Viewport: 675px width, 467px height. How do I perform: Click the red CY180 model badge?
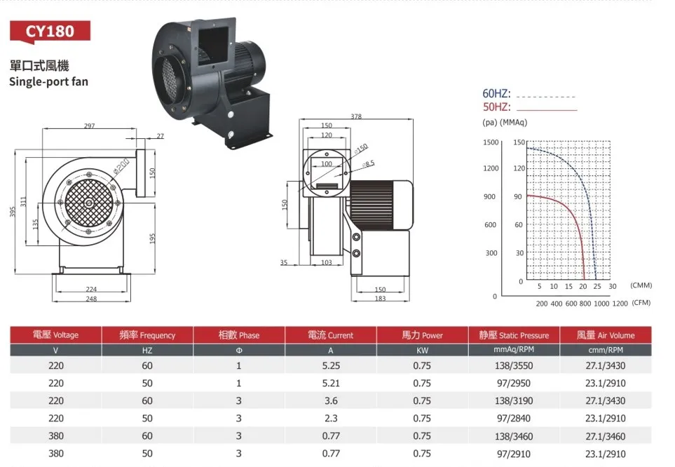[x=50, y=32]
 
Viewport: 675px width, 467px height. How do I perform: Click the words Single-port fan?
[x=48, y=81]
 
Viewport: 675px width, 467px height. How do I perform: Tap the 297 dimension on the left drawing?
[x=89, y=126]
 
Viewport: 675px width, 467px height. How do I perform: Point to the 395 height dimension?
[x=13, y=212]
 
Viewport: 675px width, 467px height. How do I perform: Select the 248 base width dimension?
[x=91, y=299]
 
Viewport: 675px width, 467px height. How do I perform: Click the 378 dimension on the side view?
[x=356, y=116]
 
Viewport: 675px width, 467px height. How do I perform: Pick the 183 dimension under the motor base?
[x=380, y=299]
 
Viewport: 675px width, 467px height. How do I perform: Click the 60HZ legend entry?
[x=496, y=93]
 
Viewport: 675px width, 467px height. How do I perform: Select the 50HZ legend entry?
[x=496, y=107]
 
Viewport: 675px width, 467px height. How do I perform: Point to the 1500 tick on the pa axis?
[x=491, y=142]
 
